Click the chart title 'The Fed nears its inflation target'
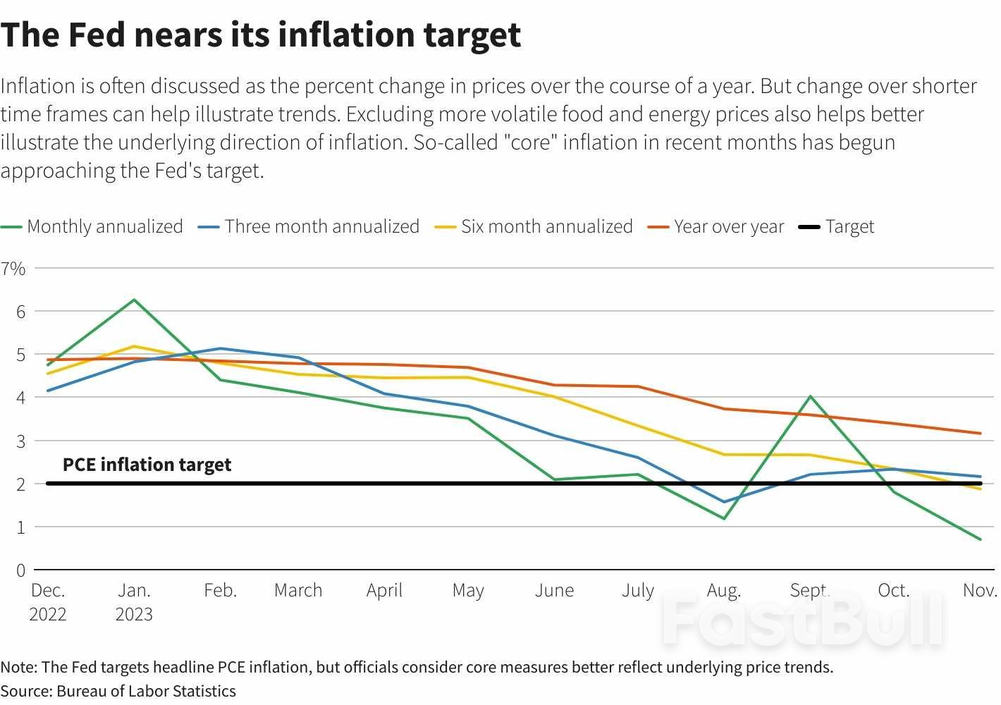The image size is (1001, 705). pos(261,35)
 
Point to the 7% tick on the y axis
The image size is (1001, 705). pos(13,269)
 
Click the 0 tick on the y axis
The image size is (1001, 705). pos(20,570)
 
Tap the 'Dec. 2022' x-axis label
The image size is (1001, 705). pos(48,601)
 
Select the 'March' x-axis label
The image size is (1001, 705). pos(298,590)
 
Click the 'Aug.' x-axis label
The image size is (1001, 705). pos(723,590)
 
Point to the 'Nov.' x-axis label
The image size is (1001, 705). pos(980,590)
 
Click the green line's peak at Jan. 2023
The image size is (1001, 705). pos(134,300)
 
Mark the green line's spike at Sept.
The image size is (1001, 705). pos(811,396)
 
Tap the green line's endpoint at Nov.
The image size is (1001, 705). pos(980,539)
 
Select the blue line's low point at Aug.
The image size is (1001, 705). pos(724,502)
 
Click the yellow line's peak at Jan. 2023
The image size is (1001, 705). pos(134,346)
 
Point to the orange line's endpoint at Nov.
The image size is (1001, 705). pos(980,434)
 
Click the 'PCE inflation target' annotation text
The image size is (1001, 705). pos(147,465)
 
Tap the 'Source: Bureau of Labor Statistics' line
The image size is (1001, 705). pos(118,691)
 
